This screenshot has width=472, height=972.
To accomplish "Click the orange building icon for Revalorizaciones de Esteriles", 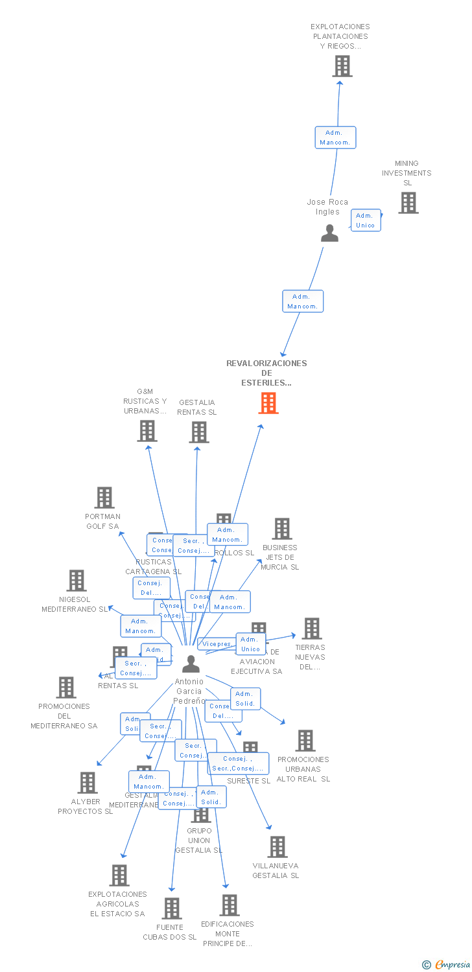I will tap(268, 403).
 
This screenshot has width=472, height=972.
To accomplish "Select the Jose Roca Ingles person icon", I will tap(329, 233).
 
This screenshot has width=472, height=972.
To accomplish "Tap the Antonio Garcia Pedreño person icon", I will tap(191, 664).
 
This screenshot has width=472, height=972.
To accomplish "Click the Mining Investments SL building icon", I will tap(408, 203).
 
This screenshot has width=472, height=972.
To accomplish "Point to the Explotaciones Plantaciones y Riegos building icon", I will tap(342, 66).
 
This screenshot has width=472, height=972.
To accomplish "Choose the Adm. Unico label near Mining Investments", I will tap(366, 220).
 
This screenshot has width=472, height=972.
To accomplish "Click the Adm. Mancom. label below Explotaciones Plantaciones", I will tap(335, 137).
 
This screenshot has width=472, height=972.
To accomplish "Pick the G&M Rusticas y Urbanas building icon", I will tap(147, 431).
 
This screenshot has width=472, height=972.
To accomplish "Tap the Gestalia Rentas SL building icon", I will tap(199, 432).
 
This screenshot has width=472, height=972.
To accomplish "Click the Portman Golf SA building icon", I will tap(104, 498).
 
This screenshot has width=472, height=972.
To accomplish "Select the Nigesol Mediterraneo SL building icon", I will tap(77, 581).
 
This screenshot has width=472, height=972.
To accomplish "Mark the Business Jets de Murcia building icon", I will tap(281, 529).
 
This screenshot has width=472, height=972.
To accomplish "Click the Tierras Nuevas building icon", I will tap(312, 629).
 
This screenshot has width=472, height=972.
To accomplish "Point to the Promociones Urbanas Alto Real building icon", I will tap(305, 741).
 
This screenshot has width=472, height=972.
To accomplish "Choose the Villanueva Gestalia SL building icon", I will tap(277, 847).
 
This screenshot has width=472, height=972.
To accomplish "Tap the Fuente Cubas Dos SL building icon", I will tap(172, 908).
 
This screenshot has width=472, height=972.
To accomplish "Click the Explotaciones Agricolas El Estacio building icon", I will tap(119, 875).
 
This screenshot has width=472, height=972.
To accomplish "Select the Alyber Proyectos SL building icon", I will tap(88, 783).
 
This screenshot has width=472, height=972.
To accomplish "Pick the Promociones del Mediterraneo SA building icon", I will tap(66, 688).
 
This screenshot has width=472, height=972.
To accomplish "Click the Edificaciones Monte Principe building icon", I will tap(230, 905).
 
